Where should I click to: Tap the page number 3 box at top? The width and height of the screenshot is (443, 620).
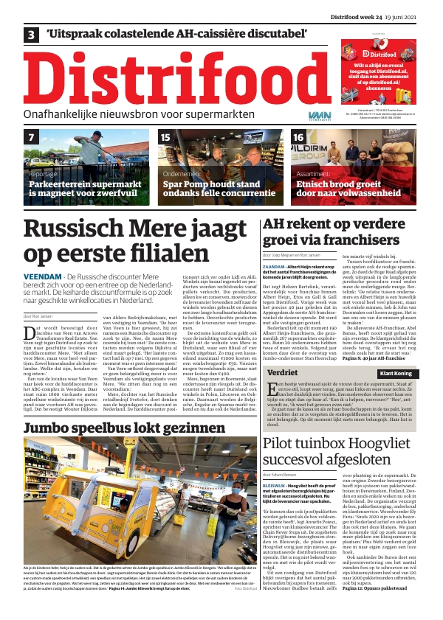[x=31, y=34]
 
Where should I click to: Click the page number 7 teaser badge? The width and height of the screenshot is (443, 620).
[x=32, y=138]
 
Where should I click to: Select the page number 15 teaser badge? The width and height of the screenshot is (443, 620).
[x=166, y=138]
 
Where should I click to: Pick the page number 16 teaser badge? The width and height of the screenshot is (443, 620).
[x=299, y=138]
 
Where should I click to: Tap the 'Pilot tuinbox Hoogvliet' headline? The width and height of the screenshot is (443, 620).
[x=340, y=433]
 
